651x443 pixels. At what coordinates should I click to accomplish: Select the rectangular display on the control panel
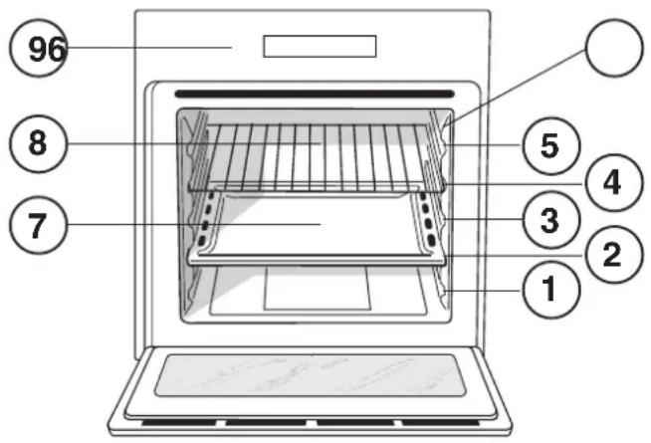[320, 47]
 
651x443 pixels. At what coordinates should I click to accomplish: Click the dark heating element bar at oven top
[317, 96]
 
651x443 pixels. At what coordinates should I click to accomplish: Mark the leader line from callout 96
[149, 47]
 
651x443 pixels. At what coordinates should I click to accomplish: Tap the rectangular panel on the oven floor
[317, 288]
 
